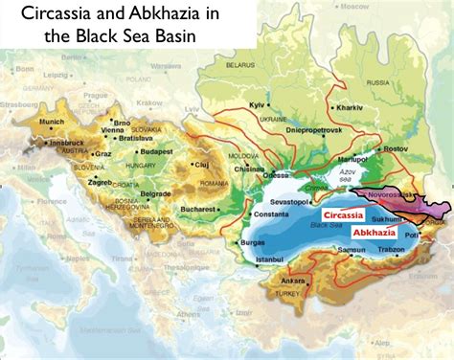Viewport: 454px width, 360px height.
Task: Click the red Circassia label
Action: pos(343,215)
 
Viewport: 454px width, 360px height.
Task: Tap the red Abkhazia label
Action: pos(374,232)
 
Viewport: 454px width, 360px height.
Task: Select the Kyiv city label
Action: pos(255,101)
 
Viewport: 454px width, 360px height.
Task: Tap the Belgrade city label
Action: pos(155,192)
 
